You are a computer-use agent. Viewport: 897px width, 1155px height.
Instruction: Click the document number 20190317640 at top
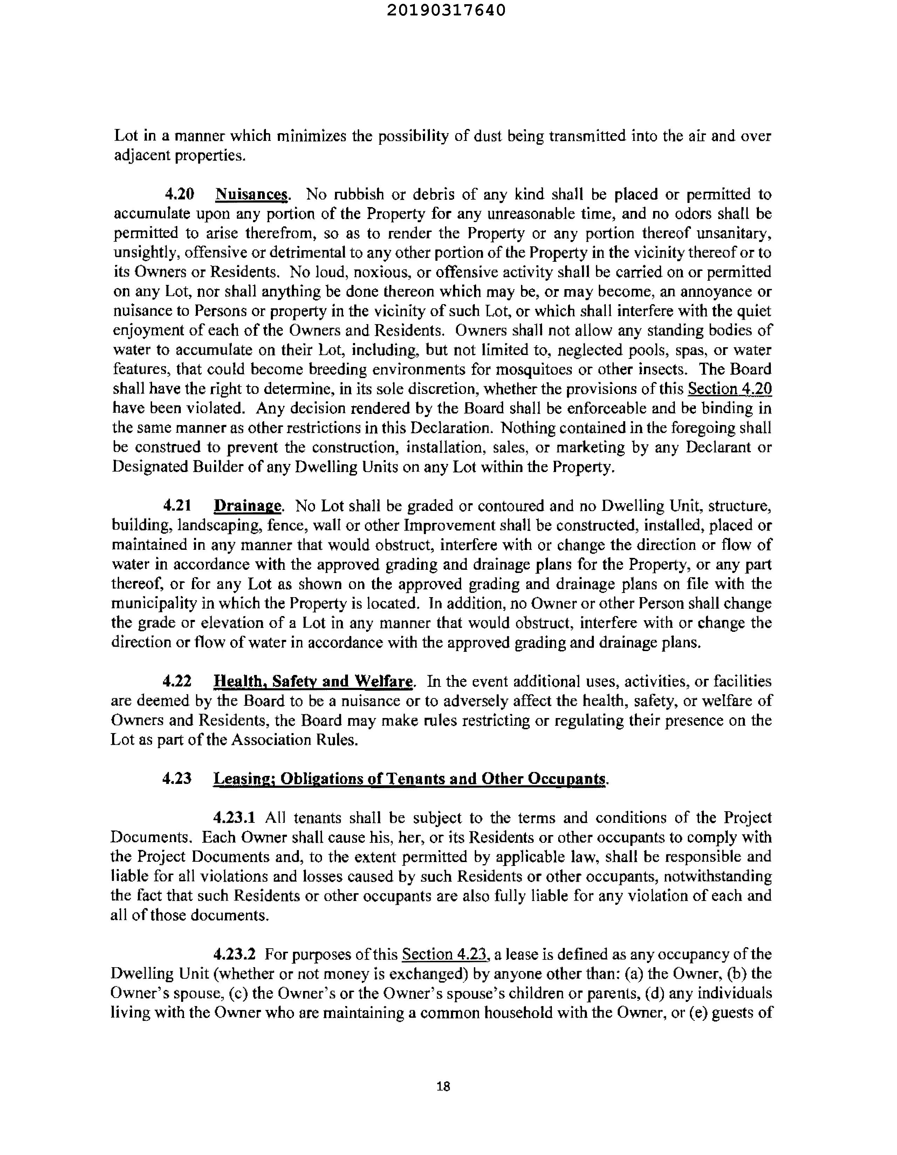446,11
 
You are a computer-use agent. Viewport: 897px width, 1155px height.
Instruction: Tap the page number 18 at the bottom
443,1086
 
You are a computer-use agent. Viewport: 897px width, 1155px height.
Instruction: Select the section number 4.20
179,194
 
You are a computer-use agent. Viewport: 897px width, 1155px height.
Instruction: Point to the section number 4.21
177,506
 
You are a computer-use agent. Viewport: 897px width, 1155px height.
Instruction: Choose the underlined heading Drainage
247,506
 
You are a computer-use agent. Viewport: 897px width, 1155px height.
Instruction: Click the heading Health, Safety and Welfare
313,681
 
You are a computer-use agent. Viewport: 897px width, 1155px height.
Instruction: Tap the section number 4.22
177,681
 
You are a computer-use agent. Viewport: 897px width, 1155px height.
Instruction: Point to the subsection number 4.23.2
234,955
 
